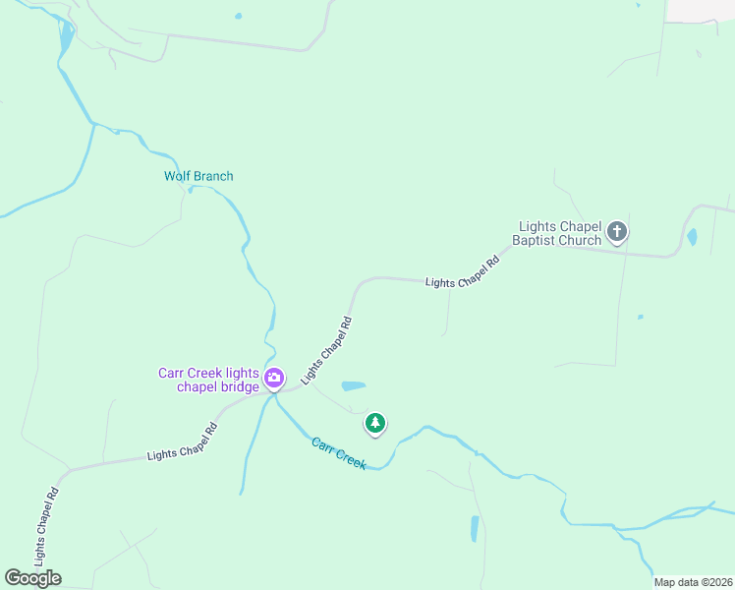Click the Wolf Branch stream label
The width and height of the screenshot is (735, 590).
click(198, 176)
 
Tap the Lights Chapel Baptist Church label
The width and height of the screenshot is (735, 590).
click(559, 233)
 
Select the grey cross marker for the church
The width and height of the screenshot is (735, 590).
click(617, 232)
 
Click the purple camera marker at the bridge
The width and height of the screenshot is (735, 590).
click(274, 377)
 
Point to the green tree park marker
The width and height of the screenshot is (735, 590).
click(374, 424)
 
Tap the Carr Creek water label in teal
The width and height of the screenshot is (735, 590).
click(339, 453)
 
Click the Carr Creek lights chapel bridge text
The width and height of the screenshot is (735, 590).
click(209, 380)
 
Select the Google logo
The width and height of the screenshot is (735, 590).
click(32, 577)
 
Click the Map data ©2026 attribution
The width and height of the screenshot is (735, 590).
click(693, 582)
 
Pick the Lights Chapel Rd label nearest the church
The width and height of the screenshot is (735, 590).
click(463, 273)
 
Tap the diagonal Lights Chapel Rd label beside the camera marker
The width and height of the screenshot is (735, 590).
click(327, 349)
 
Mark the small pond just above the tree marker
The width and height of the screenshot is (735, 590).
click(353, 385)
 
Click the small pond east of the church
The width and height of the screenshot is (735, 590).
click(692, 237)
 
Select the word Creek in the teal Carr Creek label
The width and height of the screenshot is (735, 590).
click(350, 458)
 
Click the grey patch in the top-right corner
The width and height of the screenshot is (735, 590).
click(701, 9)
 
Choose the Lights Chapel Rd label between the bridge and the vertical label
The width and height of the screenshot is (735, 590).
click(182, 442)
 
